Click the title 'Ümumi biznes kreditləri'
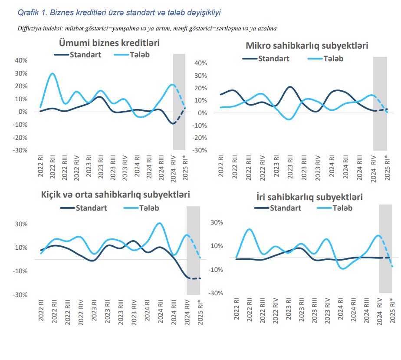coord(109,43)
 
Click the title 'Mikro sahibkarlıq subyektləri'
coord(307,46)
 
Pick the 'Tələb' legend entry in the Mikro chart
coord(333,58)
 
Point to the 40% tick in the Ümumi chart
coord(21,60)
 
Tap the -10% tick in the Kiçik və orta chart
coord(21,271)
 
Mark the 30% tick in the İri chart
coord(216,222)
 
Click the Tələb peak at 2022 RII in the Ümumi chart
coord(53,73)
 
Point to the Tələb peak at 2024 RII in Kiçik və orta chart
coord(160,223)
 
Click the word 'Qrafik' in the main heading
coord(28,13)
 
